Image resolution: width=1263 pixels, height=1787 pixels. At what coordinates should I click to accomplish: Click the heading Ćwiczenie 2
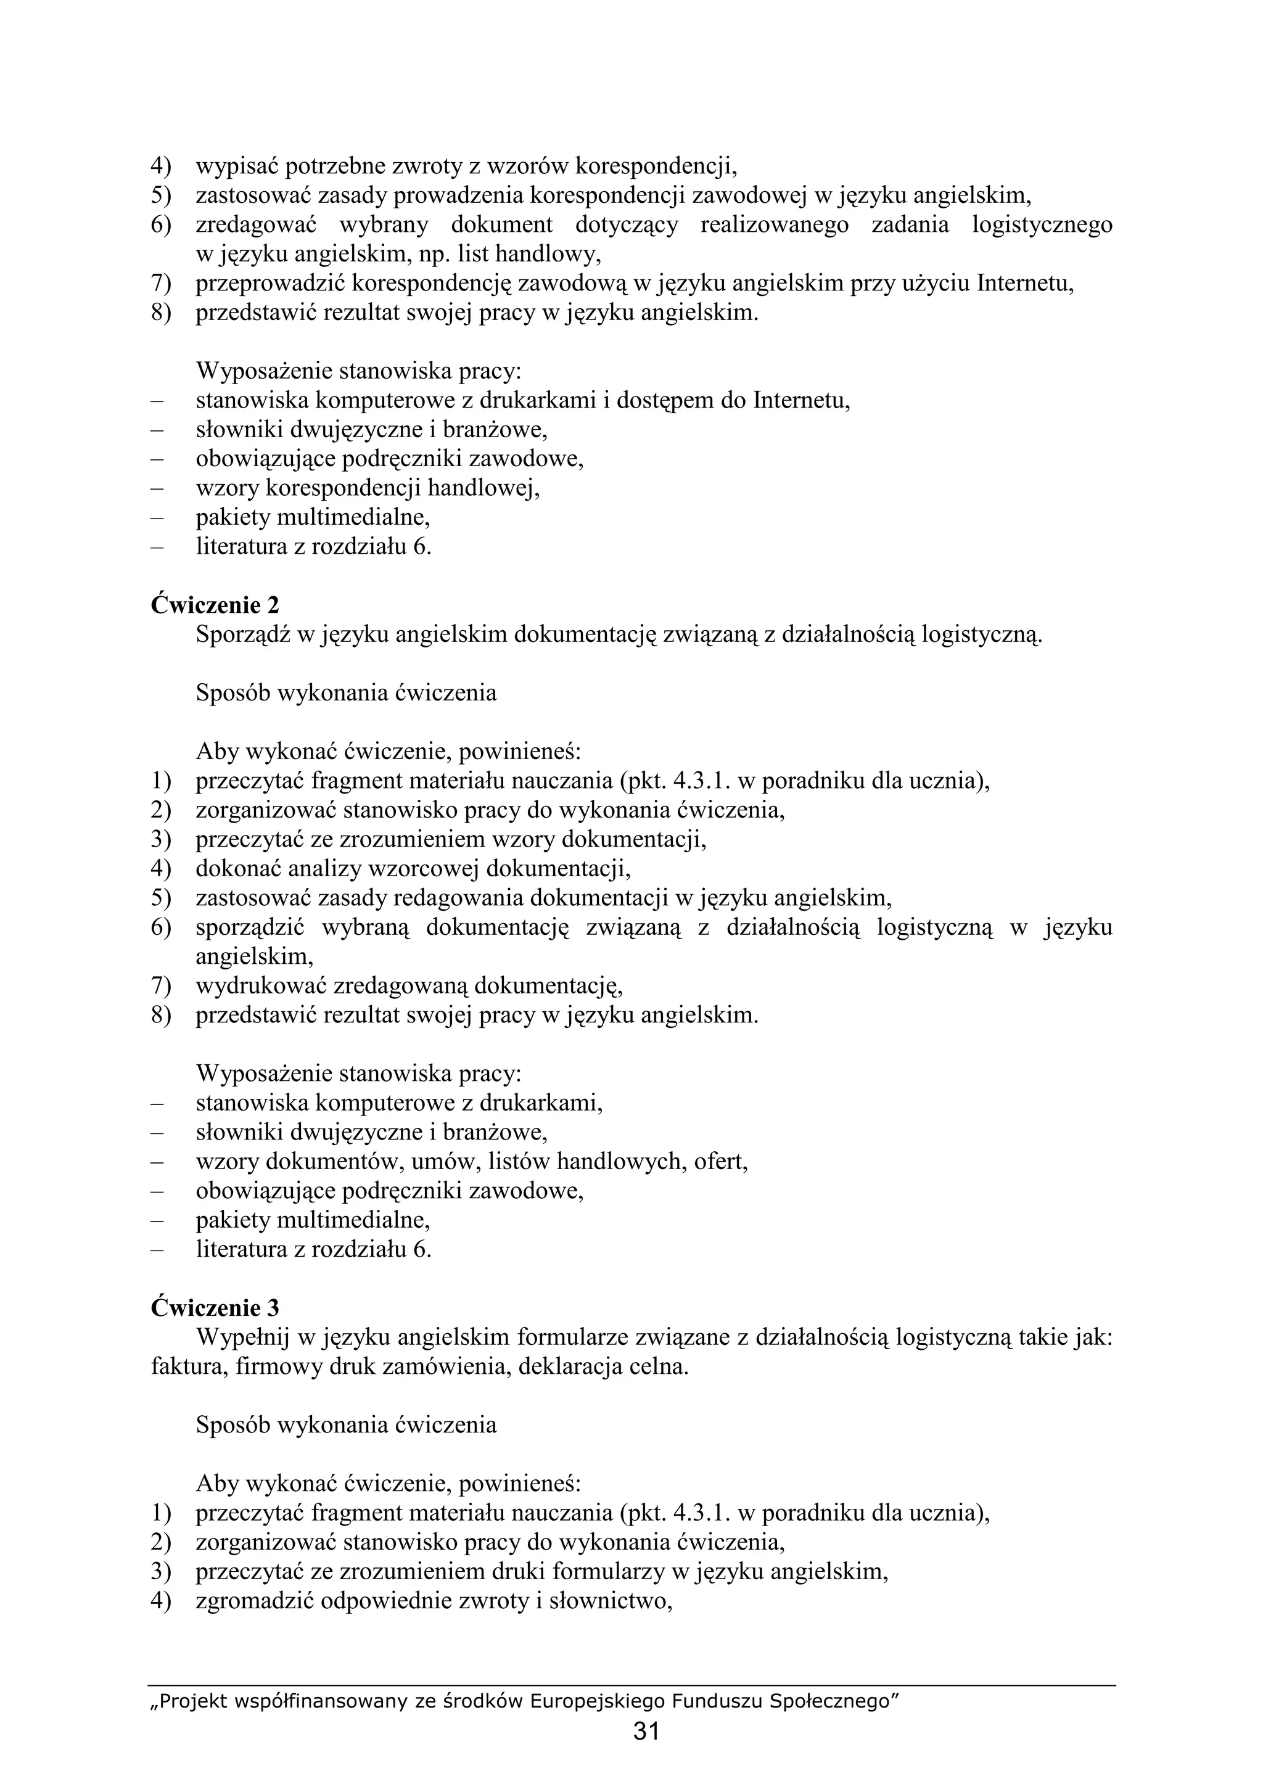tap(215, 605)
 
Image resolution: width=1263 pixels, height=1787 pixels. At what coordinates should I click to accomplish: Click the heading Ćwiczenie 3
tap(215, 1307)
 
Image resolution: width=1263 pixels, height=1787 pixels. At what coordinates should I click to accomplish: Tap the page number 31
tap(646, 1731)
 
